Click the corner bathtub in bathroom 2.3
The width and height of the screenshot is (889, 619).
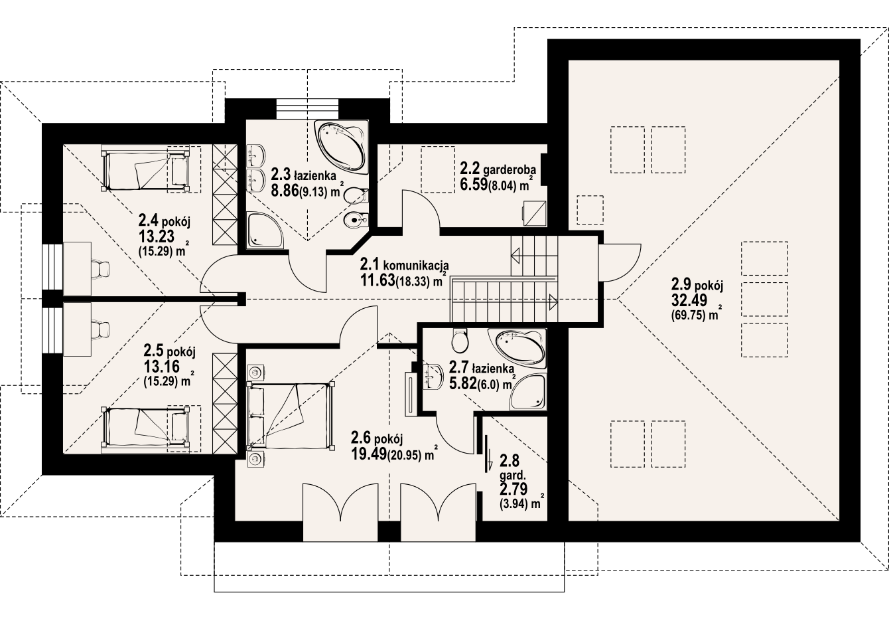[x=340, y=147]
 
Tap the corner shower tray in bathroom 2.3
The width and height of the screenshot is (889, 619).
[x=265, y=230]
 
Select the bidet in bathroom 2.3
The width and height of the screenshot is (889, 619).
[x=356, y=220]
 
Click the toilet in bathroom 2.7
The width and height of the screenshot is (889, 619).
[x=460, y=341]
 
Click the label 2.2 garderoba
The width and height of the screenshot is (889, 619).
[x=498, y=169]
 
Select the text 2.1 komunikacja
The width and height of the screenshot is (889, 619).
[x=405, y=264]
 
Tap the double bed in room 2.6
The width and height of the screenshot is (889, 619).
[x=291, y=416]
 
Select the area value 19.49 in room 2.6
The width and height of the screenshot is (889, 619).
[x=369, y=454]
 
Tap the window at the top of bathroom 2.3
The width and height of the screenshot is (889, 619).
[x=308, y=108]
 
